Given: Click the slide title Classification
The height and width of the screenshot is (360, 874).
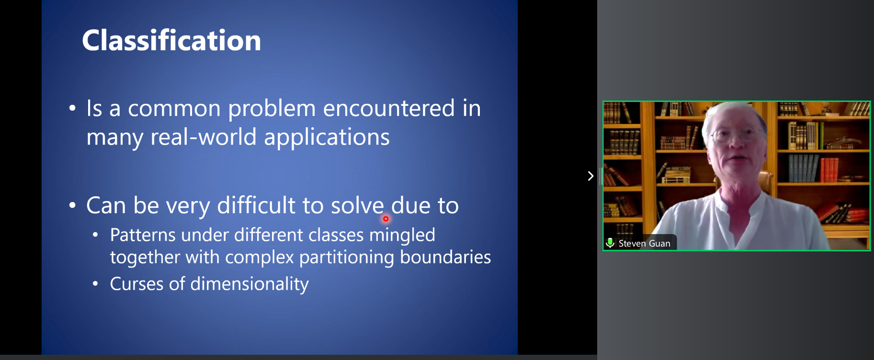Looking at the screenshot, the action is point(171,40).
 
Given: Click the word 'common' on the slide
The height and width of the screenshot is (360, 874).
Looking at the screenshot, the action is point(174,108).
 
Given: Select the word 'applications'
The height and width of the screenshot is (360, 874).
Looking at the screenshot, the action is point(327,138).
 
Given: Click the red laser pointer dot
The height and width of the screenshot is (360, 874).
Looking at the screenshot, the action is point(386,219).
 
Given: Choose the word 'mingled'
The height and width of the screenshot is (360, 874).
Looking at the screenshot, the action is point(402,236).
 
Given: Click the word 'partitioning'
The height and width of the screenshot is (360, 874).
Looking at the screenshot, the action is point(347,258).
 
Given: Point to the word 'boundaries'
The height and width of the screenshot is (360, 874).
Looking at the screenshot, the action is point(445,257).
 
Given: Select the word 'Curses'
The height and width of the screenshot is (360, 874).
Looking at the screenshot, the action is point(136,284).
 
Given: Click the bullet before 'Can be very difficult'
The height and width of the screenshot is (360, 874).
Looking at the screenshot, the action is point(72,205).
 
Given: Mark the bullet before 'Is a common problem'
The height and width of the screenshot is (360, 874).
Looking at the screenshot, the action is point(72,108).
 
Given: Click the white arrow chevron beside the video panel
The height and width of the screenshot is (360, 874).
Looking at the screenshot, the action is point(590,176).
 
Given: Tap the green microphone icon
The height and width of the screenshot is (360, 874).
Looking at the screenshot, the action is point(610,243).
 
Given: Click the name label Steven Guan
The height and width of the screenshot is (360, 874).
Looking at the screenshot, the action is point(644,244).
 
